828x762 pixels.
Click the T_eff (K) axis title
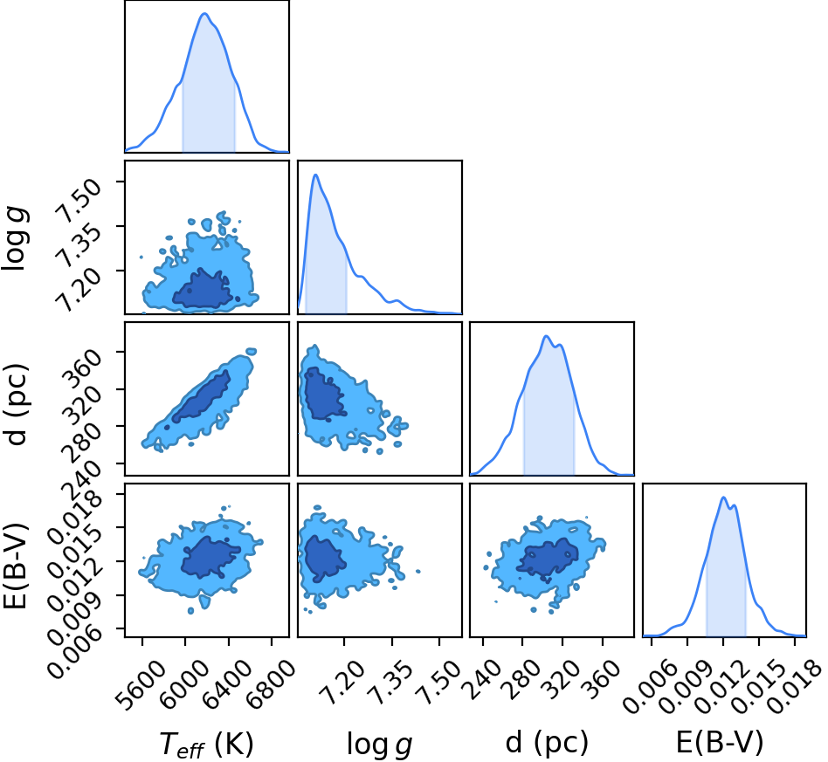coord(206,744)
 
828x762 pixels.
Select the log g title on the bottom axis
coord(379,744)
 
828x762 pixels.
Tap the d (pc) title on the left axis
coord(16,404)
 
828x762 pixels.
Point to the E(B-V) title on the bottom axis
coord(720,742)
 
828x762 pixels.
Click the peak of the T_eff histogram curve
coord(205,14)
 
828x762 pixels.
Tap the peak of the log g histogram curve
coord(316,175)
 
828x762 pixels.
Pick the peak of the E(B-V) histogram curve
coord(723,498)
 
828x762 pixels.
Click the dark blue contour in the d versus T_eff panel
coord(202,395)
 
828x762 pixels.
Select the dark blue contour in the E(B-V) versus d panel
coord(547,559)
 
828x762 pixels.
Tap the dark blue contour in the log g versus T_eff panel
coord(204,292)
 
